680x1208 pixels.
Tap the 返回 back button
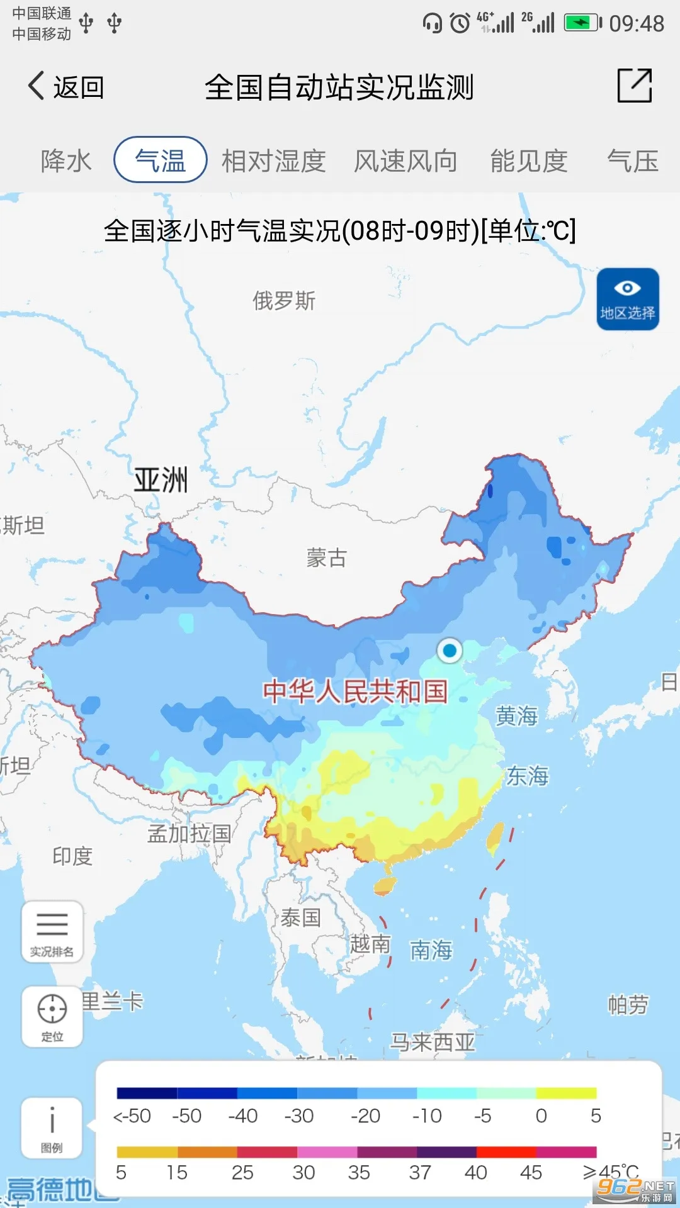66,87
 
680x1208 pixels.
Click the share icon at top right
634,86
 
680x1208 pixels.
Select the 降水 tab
66,161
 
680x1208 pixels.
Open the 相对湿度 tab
273,161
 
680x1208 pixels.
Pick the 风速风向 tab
405,161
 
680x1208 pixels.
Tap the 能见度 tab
529,161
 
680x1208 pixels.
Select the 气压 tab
632,161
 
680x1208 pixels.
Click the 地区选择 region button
628,299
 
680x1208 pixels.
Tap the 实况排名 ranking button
52,932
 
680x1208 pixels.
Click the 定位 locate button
52,1015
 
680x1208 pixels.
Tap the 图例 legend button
52,1128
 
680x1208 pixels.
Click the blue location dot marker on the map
450,650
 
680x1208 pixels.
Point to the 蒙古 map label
326,557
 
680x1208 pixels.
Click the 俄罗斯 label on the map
284,301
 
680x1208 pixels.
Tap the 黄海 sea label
516,715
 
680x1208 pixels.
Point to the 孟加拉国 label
189,834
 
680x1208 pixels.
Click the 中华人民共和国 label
355,691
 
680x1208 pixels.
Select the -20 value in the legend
365,1116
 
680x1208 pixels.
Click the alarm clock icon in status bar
460,23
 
